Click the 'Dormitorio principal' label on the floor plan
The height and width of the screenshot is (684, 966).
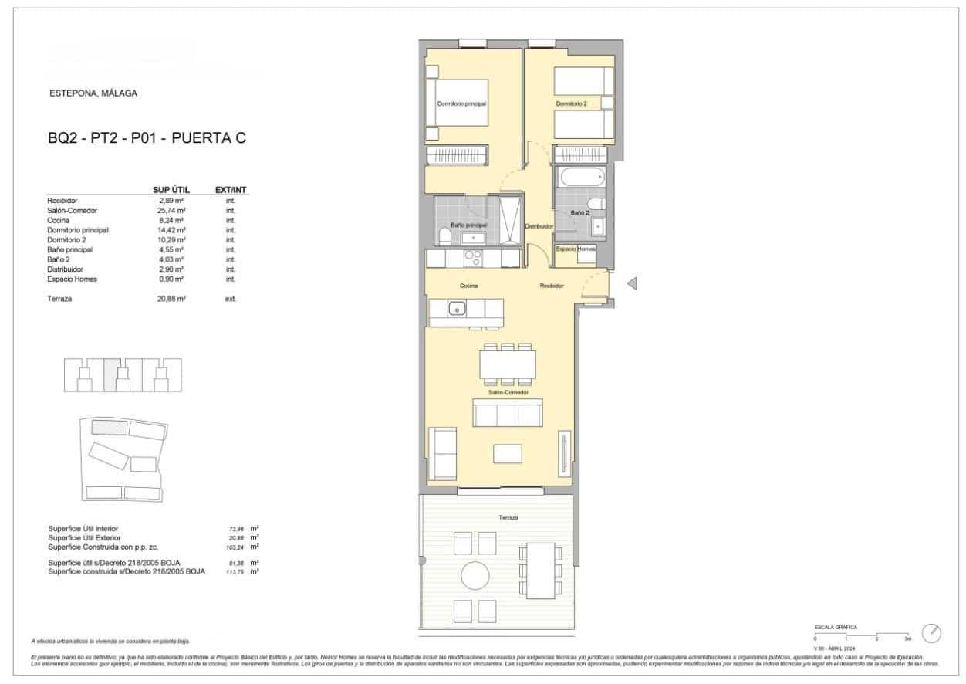click(461, 103)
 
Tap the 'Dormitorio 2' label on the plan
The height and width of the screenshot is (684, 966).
click(572, 103)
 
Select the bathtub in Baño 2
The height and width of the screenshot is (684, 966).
click(581, 178)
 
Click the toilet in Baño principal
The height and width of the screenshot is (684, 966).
click(444, 236)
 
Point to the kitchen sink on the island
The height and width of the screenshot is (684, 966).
click(457, 309)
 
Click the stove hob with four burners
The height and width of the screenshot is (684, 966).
click(473, 258)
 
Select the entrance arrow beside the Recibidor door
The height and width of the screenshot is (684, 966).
click(631, 284)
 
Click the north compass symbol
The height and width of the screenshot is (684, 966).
click(931, 633)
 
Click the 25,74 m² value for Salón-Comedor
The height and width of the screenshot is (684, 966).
click(171, 211)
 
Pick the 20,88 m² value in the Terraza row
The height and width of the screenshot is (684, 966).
click(171, 299)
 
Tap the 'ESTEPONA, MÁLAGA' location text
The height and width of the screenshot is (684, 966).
click(93, 93)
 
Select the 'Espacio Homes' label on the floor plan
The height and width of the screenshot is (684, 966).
click(576, 249)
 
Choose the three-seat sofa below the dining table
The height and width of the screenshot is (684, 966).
click(507, 413)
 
